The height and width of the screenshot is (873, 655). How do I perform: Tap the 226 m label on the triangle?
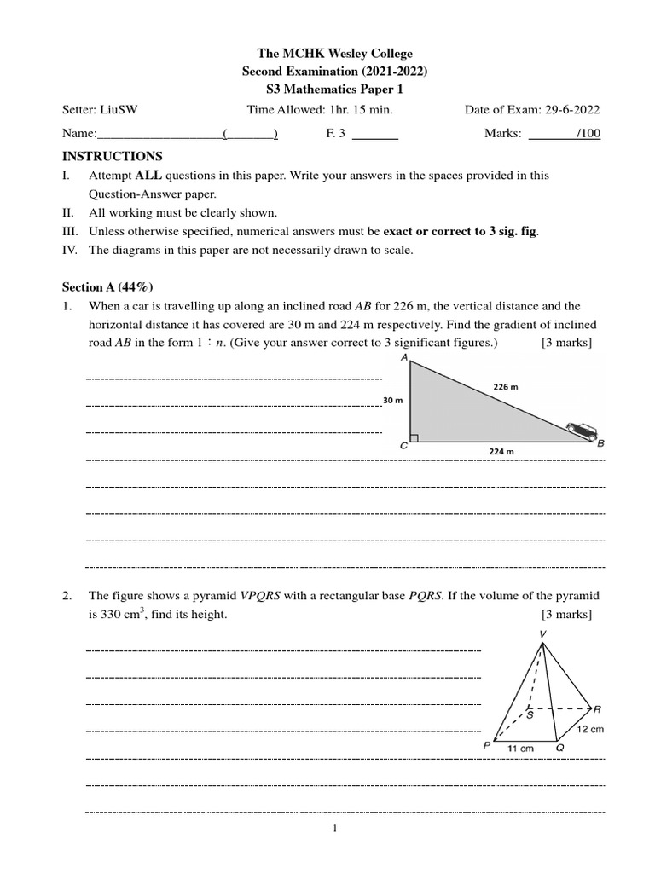coord(506,386)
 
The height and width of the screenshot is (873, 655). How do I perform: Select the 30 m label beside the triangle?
coord(393,400)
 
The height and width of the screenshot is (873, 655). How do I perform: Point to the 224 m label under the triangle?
coord(503,451)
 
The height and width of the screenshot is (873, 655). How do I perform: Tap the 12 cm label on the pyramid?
coord(590,729)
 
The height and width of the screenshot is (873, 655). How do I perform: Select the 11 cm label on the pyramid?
coord(521,748)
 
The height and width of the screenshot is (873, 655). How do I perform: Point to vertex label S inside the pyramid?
coord(530,715)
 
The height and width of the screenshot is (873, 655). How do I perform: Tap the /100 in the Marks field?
coord(588,134)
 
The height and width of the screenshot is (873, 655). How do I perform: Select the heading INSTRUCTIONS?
coord(112,156)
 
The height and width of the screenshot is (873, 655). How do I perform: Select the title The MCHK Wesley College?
coord(328,54)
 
